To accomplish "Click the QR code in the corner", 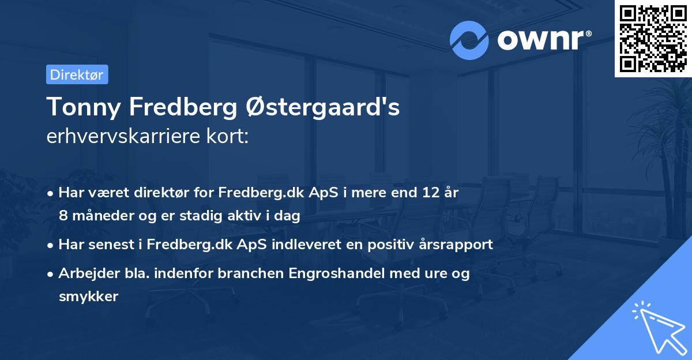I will tap(653, 39).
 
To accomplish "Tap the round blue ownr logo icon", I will tap(469, 40).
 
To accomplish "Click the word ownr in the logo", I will tap(543, 41).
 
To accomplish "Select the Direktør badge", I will tap(77, 74).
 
